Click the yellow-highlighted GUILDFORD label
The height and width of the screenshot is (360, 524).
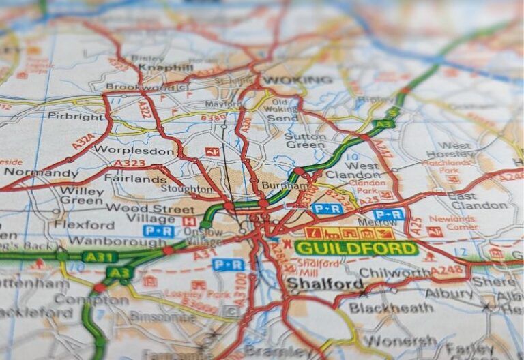point(356,248)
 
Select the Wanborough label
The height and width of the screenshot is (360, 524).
point(108,241)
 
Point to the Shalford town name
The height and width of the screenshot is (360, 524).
point(325,284)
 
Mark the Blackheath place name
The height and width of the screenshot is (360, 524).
point(389,308)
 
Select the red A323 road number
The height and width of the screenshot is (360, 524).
point(130,163)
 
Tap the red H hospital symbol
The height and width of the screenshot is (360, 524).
point(189,221)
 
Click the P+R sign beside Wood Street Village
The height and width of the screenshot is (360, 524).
point(158,231)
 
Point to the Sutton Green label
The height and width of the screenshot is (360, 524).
point(305,140)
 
